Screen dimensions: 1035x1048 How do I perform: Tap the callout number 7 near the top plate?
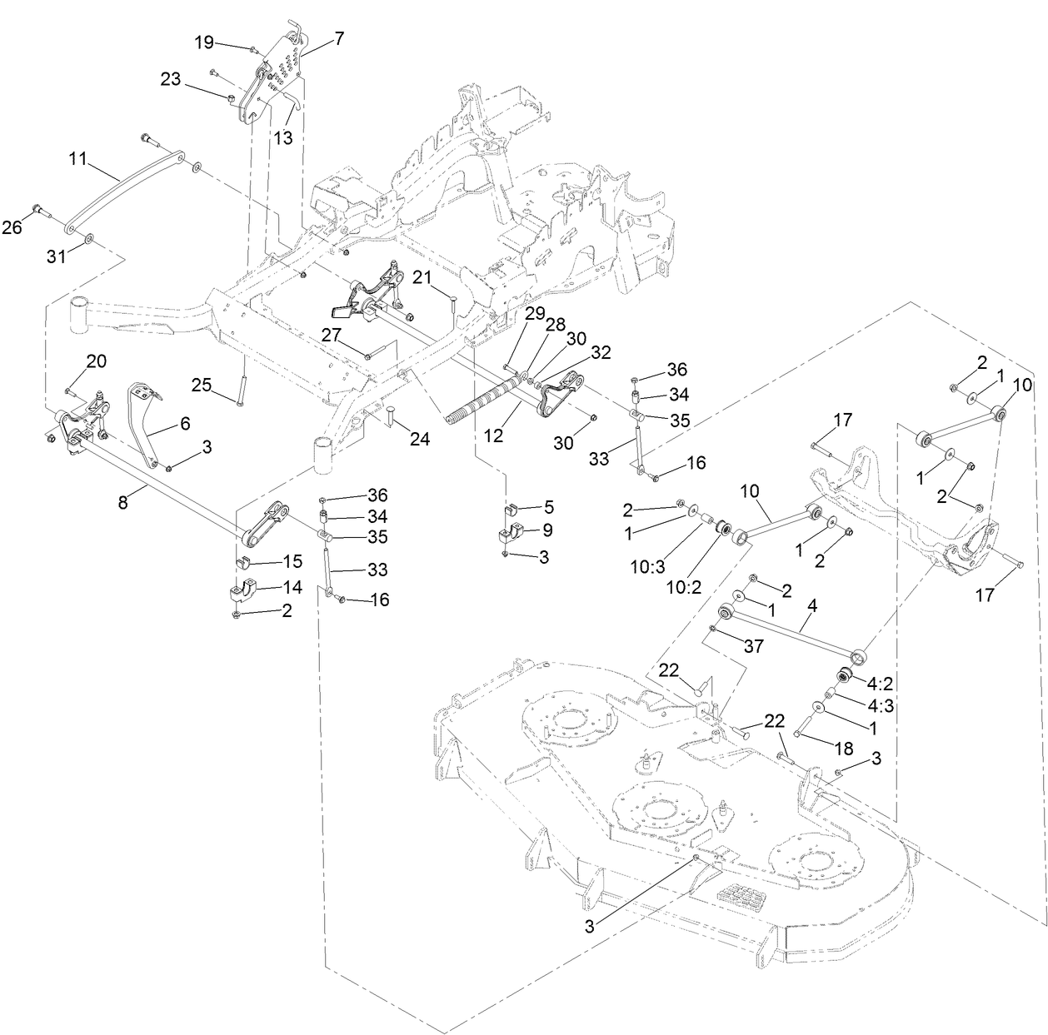(x=316, y=37)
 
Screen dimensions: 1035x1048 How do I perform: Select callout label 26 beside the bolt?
(x=12, y=226)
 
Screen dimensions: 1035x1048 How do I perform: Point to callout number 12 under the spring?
(x=493, y=435)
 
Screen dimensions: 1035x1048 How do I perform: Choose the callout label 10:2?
(x=684, y=586)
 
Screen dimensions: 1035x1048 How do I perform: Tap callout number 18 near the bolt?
(x=845, y=746)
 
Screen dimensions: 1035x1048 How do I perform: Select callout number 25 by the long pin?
(x=202, y=385)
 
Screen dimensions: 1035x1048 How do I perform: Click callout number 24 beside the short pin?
(x=419, y=438)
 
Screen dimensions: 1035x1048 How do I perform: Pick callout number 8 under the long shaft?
(x=122, y=502)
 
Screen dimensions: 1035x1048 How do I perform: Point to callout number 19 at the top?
(x=204, y=42)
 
